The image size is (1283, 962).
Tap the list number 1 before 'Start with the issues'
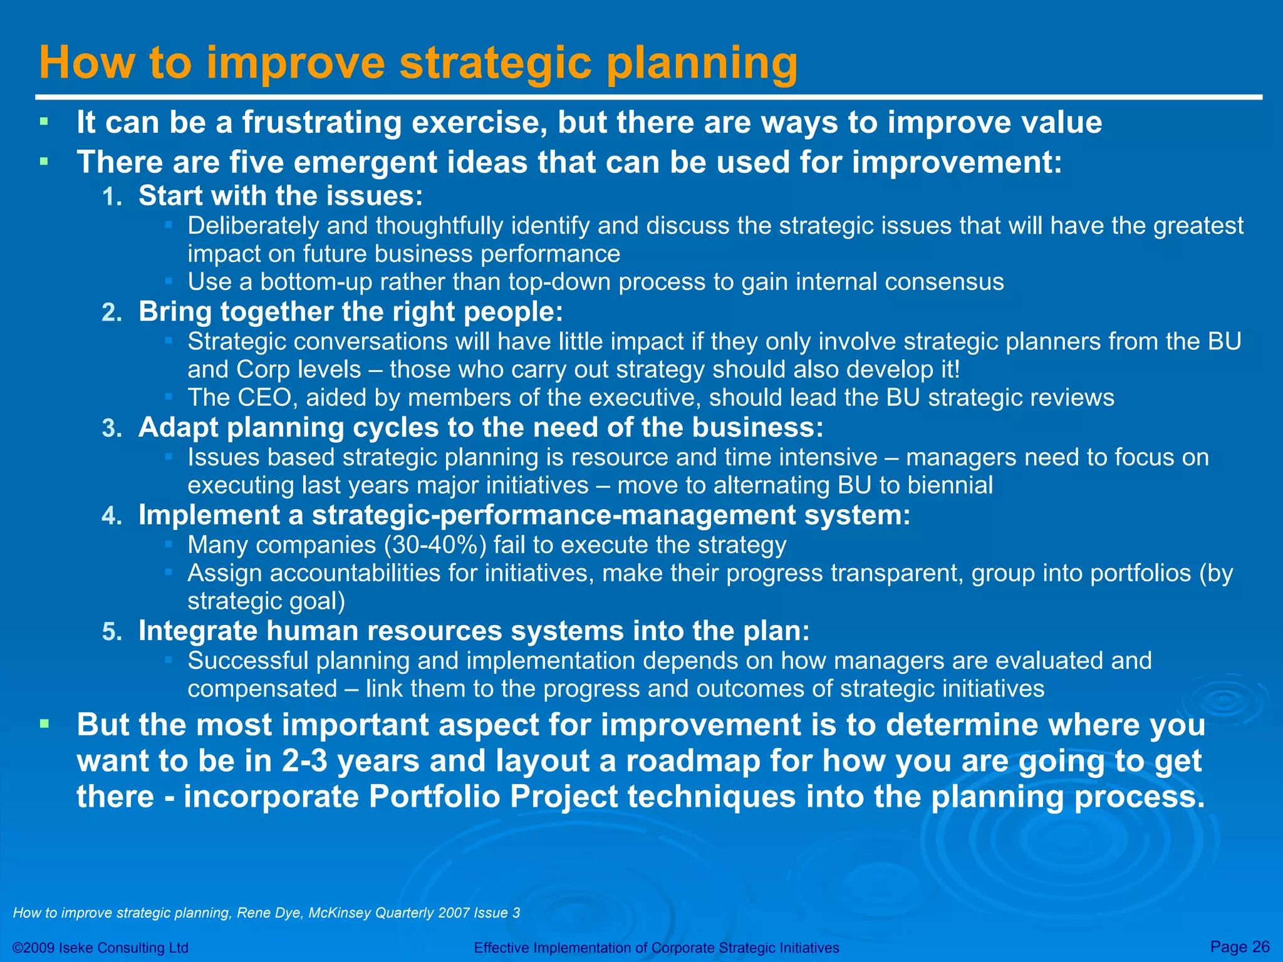pos(112,198)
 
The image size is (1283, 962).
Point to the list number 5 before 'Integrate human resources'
pos(112,633)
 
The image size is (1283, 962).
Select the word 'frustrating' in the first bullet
pos(321,122)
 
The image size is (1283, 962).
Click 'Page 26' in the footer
pos(1240,946)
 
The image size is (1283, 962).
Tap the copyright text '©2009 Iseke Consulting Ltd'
pos(100,948)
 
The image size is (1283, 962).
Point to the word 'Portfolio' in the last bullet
pos(434,797)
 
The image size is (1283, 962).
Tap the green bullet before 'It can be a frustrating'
pos(43,122)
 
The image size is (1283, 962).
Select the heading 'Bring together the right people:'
pos(351,312)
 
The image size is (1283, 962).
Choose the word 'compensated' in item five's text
pos(262,689)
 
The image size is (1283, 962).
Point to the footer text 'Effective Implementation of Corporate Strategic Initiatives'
pos(657,948)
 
